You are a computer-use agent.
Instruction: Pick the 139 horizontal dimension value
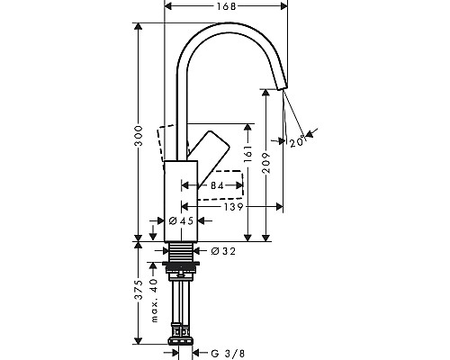pyautogui.click(x=237, y=207)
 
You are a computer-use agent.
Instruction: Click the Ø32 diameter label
pyautogui.click(x=222, y=251)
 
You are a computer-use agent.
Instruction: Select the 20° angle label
pyautogui.click(x=297, y=140)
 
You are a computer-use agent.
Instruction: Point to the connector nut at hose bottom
pyautogui.click(x=183, y=341)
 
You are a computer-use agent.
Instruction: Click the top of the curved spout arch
pyautogui.click(x=225, y=29)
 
